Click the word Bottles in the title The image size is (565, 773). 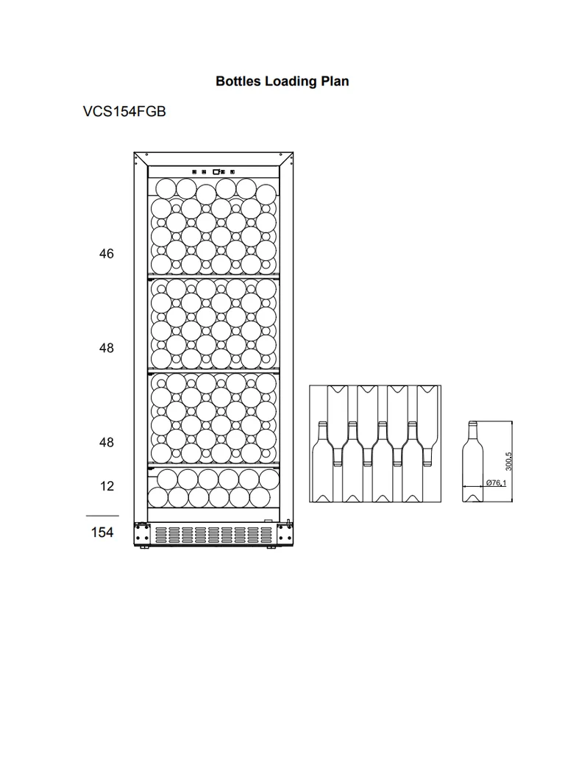click(238, 81)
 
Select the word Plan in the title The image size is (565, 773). click(335, 81)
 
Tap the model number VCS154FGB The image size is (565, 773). click(124, 111)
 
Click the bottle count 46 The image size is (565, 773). click(107, 254)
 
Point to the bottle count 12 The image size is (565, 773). click(107, 486)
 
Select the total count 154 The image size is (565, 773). click(102, 532)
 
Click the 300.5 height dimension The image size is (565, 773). click(509, 461)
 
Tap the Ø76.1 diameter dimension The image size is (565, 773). click(496, 482)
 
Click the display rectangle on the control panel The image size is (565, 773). click(216, 171)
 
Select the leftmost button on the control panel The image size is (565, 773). click(194, 172)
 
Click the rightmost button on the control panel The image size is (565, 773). click(232, 172)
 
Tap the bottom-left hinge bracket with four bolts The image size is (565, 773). click(142, 533)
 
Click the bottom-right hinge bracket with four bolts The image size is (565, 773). click(285, 533)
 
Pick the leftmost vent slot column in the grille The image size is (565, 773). click(160, 535)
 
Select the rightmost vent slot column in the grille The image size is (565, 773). click(267, 535)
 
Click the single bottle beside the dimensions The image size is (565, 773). click(473, 462)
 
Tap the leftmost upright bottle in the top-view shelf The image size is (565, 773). click(323, 462)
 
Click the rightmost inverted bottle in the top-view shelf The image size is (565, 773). click(427, 425)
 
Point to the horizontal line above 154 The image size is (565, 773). click(102, 516)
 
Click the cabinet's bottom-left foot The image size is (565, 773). click(144, 547)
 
